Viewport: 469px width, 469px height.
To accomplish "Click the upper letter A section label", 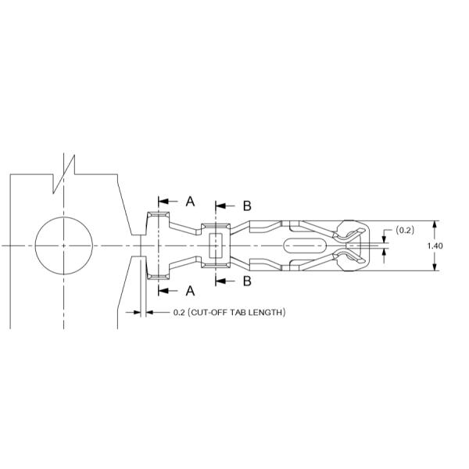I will [x=190, y=202].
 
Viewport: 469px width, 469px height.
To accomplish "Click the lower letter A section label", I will [x=190, y=291].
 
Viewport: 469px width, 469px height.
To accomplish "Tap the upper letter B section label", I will [x=246, y=206].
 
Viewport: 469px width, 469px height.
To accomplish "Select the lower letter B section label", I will [x=246, y=280].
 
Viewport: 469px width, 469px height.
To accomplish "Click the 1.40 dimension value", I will [x=436, y=245].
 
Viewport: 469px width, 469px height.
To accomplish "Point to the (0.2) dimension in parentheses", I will [x=406, y=231].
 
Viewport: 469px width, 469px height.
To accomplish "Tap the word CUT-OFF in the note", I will [x=205, y=313].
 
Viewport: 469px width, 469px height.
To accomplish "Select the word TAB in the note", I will [x=237, y=313].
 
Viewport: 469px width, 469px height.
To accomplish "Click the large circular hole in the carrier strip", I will [x=63, y=245].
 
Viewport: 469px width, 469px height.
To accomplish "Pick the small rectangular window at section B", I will [x=217, y=245].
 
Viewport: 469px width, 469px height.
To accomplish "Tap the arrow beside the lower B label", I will [x=223, y=280].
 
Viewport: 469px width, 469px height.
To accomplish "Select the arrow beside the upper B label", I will [x=223, y=206].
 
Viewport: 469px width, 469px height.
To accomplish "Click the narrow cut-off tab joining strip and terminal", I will [x=138, y=245].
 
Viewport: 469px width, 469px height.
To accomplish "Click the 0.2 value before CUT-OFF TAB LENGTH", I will [x=178, y=313].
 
